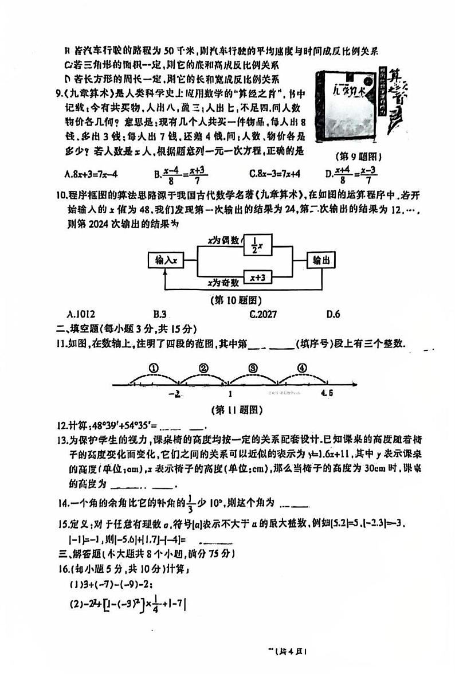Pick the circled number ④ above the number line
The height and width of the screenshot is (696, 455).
tap(302, 368)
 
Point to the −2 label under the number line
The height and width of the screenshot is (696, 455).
tap(175, 394)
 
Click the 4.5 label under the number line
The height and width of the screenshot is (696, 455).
tap(327, 393)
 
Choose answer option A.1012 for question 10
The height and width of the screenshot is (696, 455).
tap(81, 314)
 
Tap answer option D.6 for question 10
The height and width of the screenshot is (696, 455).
tap(334, 314)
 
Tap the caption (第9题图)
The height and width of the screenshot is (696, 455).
tap(358, 156)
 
